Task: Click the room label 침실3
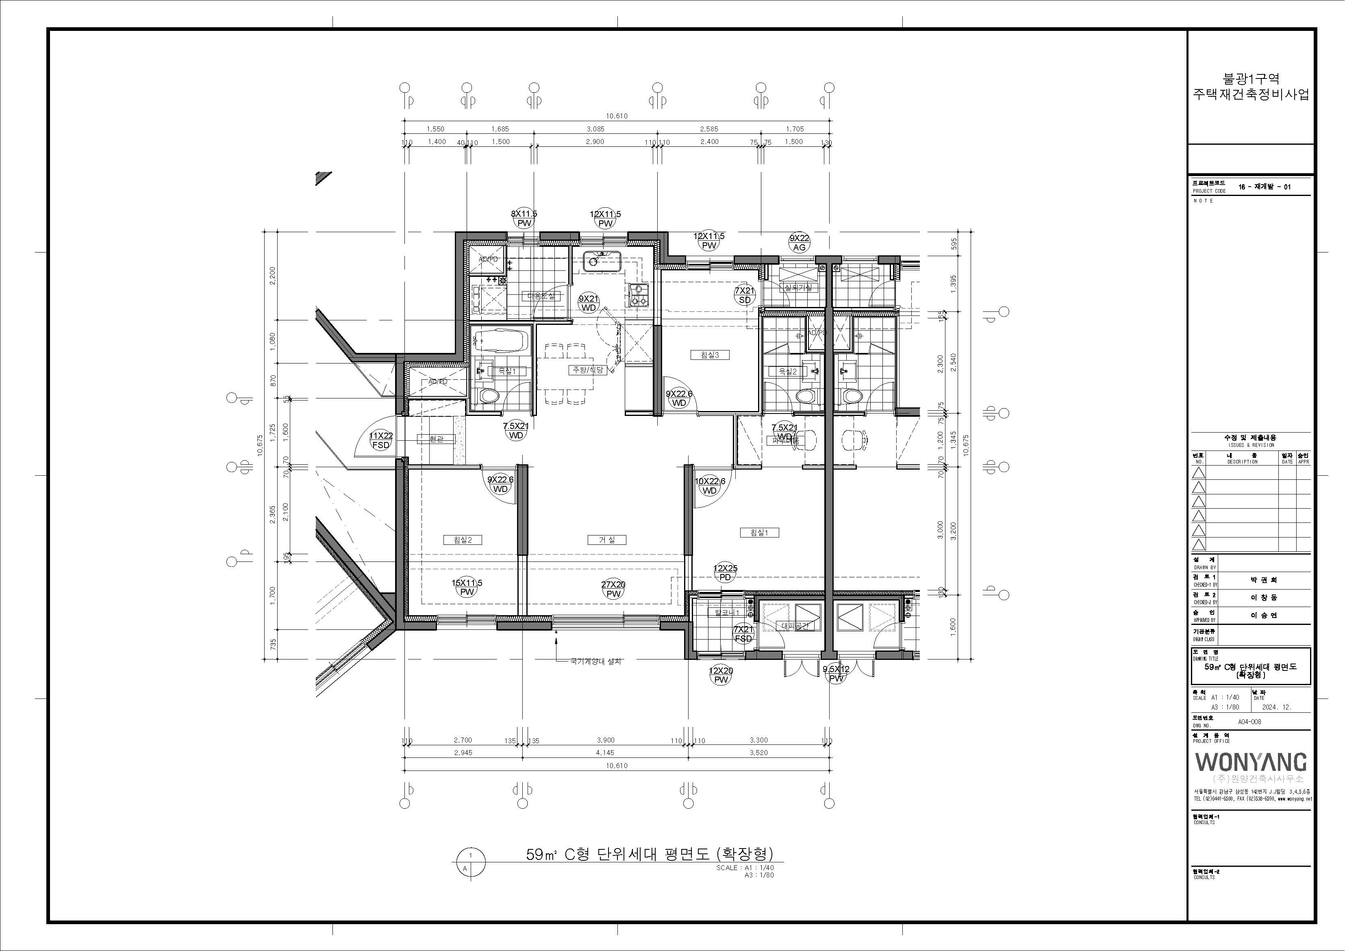point(709,355)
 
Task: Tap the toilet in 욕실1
point(487,397)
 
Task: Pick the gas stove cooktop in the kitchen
point(638,295)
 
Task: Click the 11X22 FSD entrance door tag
point(381,440)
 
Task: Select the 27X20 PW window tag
point(613,589)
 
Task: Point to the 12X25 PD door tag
point(725,572)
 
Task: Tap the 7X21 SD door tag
point(745,295)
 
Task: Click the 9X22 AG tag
point(799,243)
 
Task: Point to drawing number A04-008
point(1249,722)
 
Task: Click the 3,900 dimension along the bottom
point(605,740)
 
